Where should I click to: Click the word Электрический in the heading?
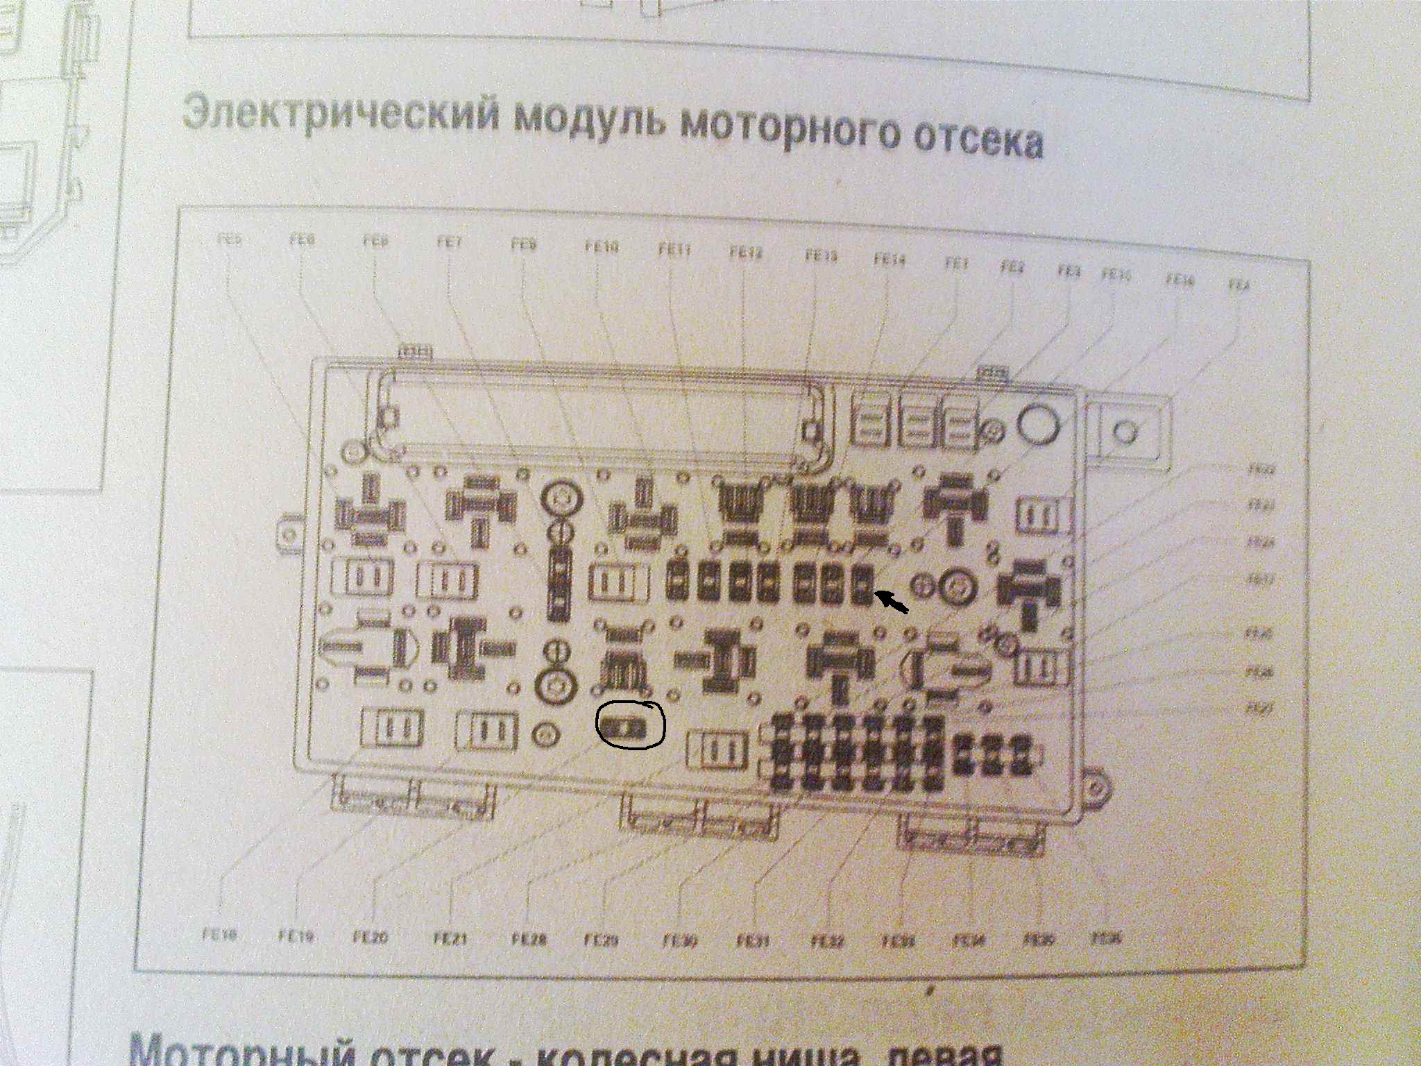coord(341,114)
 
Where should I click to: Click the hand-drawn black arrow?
coord(893,602)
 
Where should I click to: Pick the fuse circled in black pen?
coord(630,726)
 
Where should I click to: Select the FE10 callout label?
coord(602,246)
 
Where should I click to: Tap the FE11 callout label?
coord(674,250)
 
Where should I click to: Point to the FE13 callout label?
coord(821,256)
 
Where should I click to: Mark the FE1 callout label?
coord(955,264)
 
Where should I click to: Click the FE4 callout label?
coord(1239,285)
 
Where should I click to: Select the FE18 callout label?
coord(220,936)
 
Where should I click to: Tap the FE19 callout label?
coord(297,937)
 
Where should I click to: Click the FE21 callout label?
coord(450,940)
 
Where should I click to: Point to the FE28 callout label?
coord(529,941)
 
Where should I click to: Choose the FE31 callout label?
coord(753,942)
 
